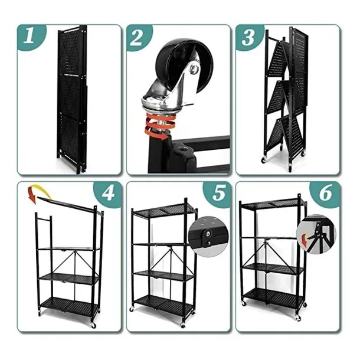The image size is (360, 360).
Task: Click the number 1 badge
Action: point(31,37)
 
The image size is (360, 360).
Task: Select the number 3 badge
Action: point(248,37)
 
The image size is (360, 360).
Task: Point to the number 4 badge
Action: point(107,194)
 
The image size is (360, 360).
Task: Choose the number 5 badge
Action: point(217,194)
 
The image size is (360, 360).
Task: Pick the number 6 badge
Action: point(325,194)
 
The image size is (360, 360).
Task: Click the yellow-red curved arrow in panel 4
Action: point(38,192)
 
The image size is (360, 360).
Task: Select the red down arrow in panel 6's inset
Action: point(304,241)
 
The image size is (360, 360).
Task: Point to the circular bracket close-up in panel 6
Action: point(316,234)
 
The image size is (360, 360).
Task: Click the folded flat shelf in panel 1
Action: point(71,99)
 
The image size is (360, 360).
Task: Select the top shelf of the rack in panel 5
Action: point(163,210)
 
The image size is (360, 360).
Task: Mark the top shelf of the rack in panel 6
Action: point(273,204)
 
